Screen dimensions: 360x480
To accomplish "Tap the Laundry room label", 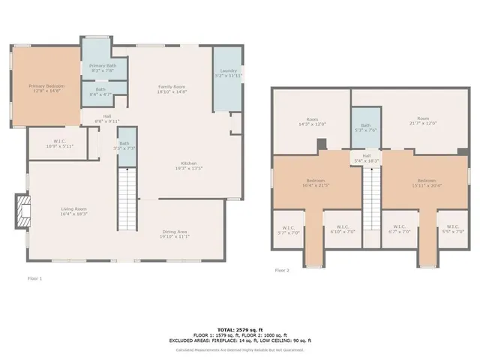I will pos(229,73).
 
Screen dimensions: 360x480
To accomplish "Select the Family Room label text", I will pos(171,88).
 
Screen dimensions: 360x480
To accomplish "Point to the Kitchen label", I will pos(188,165).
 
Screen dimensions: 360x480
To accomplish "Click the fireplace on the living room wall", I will pos(23,212).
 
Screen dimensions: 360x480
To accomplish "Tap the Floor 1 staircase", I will pos(129,199).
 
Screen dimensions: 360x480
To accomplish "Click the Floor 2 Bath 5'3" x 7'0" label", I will pos(365,127).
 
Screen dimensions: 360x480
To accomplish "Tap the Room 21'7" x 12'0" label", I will pos(423,121).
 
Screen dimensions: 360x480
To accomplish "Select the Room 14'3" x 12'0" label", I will pos(312,121).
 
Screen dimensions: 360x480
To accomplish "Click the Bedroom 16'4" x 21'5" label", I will pos(315,182).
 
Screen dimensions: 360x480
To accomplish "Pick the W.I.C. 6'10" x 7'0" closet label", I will pos(341,229).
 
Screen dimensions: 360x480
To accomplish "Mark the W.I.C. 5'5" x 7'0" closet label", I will pos(452,229).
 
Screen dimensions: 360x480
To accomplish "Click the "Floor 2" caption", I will pos(282,270).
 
